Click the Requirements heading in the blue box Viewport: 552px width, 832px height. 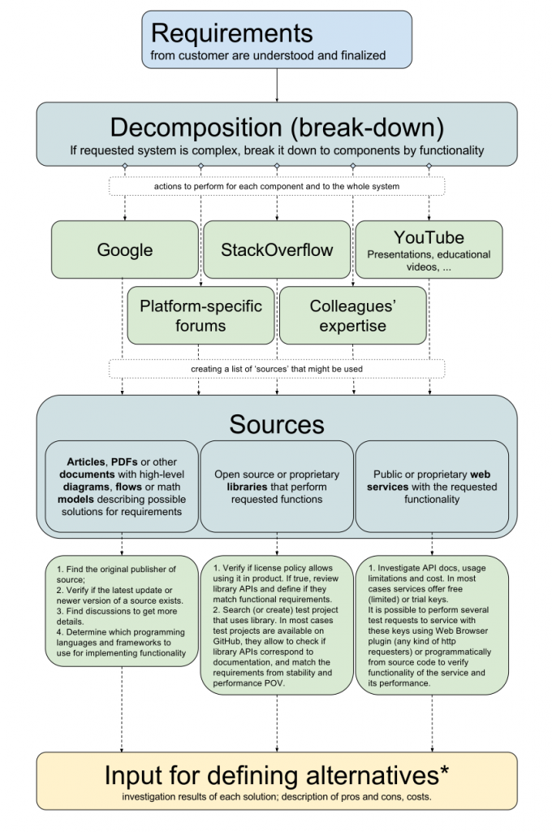[x=231, y=33]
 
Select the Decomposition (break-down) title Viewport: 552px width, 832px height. [x=277, y=128]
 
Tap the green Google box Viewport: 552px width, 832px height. [x=125, y=249]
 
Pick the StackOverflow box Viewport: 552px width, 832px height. [x=277, y=249]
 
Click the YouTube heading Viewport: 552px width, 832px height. [x=429, y=237]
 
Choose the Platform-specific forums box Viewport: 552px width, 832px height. [x=201, y=316]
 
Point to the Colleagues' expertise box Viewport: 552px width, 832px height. [x=352, y=316]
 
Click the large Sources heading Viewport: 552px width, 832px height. [x=277, y=423]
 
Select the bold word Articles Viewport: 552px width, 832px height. [x=84, y=461]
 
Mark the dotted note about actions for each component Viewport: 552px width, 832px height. [x=277, y=187]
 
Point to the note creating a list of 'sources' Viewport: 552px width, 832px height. [x=277, y=369]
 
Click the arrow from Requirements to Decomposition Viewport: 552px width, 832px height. [x=277, y=85]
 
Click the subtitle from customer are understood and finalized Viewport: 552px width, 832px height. [x=267, y=56]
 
